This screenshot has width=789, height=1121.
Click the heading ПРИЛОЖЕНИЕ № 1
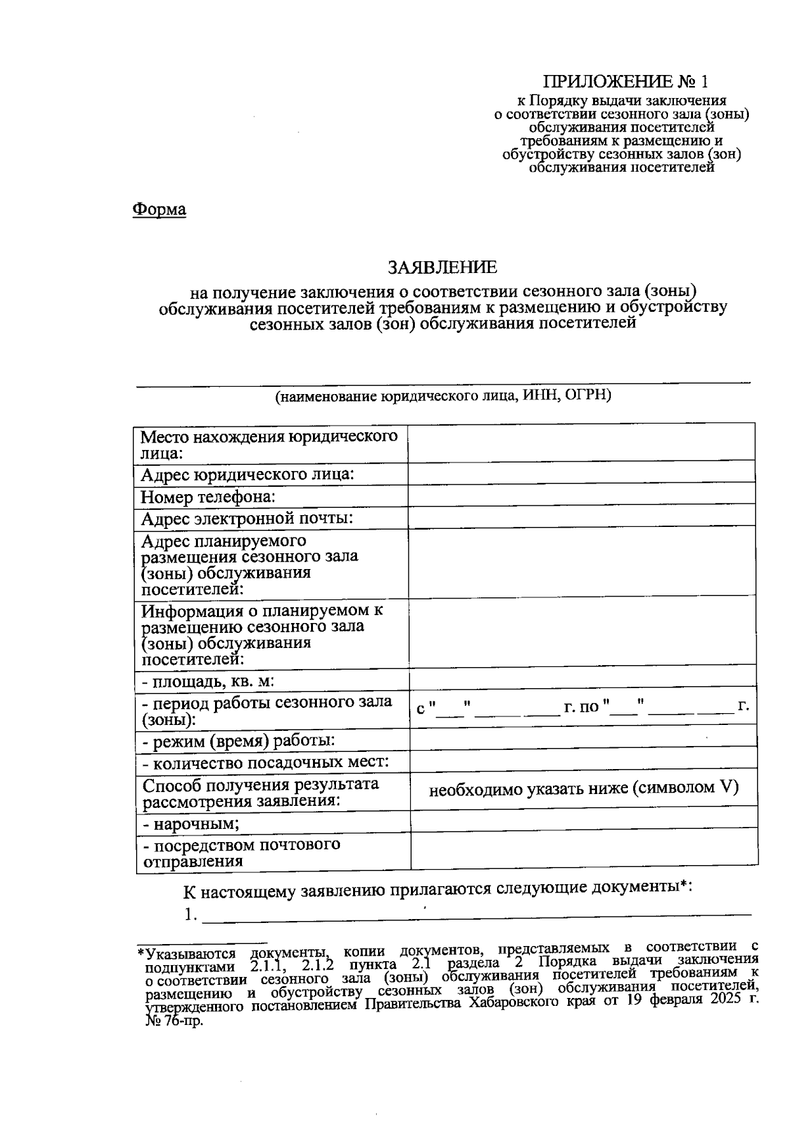coord(626,82)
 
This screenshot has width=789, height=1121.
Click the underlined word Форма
coord(159,210)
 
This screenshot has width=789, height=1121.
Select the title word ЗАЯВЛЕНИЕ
coord(442,267)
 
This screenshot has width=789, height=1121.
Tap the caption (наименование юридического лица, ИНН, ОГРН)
coord(443,396)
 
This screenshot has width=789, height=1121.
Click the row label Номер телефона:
coord(208,497)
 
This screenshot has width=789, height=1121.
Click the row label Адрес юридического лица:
coord(248,474)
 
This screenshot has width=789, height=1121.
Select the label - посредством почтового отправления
coord(241,853)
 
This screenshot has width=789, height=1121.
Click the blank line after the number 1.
coord(476,913)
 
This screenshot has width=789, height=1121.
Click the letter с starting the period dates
coord(421,709)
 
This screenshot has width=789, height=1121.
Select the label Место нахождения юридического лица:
coord(269,445)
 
